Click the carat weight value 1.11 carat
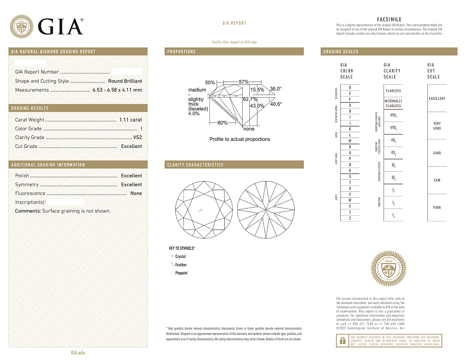pyautogui.click(x=131, y=120)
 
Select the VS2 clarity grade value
pyautogui.click(x=137, y=138)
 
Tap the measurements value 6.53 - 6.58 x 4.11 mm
pyautogui.click(x=117, y=90)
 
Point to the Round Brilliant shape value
pyautogui.click(x=125, y=81)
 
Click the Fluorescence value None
pyautogui.click(x=136, y=194)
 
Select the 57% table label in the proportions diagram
pyautogui.click(x=244, y=82)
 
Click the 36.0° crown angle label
pyautogui.click(x=276, y=89)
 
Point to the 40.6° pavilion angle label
pyautogui.click(x=276, y=104)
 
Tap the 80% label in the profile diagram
pyautogui.click(x=222, y=123)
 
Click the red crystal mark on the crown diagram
pyautogui.click(x=200, y=210)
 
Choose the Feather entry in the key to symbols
pyautogui.click(x=181, y=265)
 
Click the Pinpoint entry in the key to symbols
pyautogui.click(x=181, y=273)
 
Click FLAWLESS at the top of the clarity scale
pyautogui.click(x=393, y=91)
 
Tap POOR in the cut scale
pyautogui.click(x=437, y=208)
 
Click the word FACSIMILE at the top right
pyautogui.click(x=389, y=20)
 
